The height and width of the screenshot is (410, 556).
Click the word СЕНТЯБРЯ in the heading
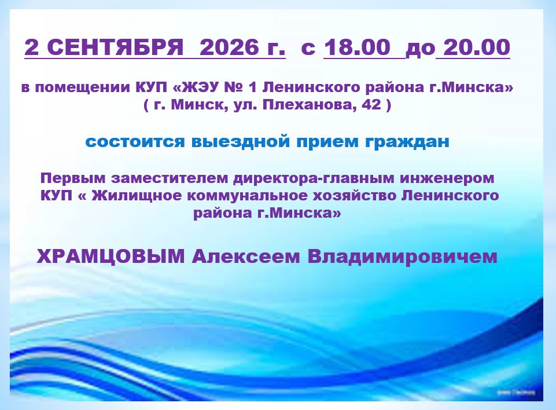(x=115, y=47)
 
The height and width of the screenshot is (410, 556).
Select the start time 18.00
(x=358, y=47)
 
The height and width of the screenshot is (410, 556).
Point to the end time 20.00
(x=477, y=47)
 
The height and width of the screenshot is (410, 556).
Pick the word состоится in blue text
(x=135, y=142)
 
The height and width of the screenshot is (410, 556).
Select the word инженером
(x=447, y=179)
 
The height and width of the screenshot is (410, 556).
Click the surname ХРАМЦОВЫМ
(x=111, y=257)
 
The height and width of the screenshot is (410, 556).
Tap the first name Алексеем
(x=246, y=257)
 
